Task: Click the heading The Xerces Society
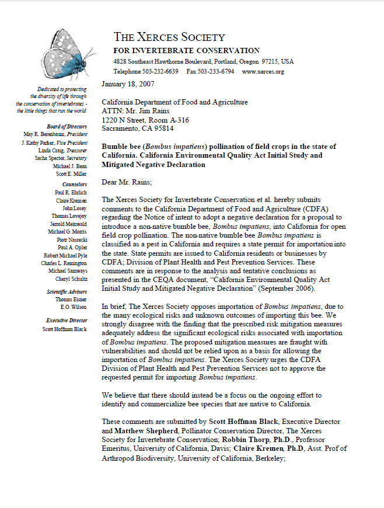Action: tap(169, 37)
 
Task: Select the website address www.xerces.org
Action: tap(263, 71)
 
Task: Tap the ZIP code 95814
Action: tap(162, 128)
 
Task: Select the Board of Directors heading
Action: tap(67, 126)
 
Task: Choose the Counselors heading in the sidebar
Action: tap(71, 184)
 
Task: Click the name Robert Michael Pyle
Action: tap(65, 255)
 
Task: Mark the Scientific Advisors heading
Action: tap(67, 291)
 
